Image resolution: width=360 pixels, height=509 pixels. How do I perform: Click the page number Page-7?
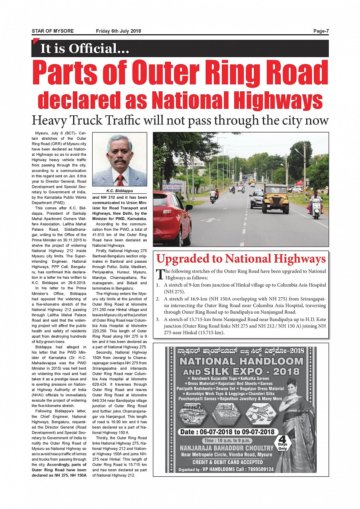(x=321, y=31)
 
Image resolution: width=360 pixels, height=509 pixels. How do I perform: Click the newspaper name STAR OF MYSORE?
(x=53, y=31)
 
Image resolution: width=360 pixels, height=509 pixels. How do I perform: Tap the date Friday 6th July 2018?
(x=118, y=31)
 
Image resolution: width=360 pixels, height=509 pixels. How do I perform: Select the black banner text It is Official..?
(x=85, y=49)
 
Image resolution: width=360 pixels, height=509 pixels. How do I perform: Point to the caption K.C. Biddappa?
(x=120, y=191)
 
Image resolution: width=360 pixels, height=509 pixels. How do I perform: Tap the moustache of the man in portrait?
(x=120, y=162)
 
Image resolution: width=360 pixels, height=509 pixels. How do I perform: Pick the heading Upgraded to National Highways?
(x=241, y=259)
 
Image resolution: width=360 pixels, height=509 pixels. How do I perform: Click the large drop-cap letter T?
(x=160, y=274)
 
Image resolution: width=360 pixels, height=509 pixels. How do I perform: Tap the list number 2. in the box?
(x=158, y=299)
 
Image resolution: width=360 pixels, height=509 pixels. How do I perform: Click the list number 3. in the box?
(x=158, y=319)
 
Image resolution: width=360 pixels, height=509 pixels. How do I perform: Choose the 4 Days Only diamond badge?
(x=282, y=443)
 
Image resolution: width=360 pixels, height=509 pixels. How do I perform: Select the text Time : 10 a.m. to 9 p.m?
(x=227, y=440)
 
